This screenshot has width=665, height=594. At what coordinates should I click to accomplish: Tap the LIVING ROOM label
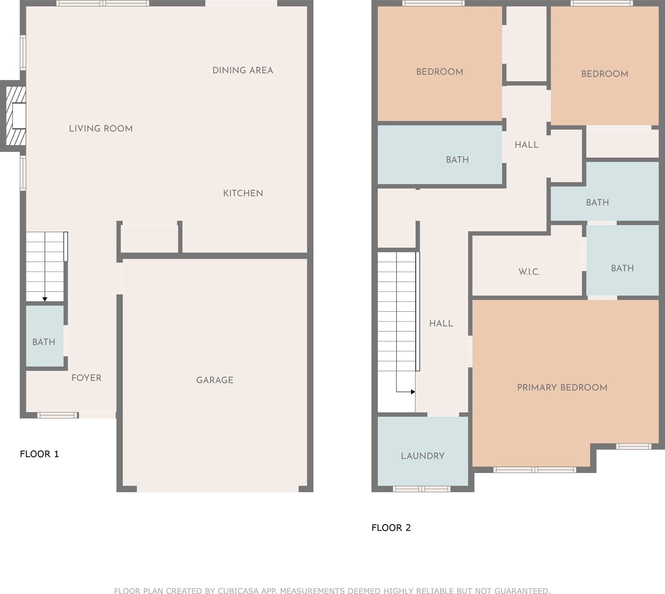tap(101, 129)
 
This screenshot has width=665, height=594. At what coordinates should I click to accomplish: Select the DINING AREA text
tap(243, 70)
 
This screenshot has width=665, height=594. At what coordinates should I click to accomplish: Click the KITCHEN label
tap(243, 193)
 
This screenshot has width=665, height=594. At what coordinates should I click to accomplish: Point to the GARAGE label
tap(215, 380)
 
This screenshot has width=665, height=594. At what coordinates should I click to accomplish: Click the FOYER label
tap(86, 378)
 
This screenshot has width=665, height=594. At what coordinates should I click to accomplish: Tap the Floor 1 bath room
tap(45, 336)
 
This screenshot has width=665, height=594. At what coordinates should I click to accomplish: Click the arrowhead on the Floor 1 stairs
tap(45, 299)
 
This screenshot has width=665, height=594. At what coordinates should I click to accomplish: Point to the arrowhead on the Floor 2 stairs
tap(413, 392)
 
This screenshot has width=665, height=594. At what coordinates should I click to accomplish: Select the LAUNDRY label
tap(423, 456)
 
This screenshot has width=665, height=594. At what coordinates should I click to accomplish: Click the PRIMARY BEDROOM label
tap(562, 388)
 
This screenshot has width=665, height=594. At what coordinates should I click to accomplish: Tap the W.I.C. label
tap(529, 272)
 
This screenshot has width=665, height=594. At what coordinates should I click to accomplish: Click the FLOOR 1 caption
tap(39, 454)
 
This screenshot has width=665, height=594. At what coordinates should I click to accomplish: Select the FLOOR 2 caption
tap(391, 528)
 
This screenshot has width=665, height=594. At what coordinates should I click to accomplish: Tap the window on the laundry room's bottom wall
tap(422, 489)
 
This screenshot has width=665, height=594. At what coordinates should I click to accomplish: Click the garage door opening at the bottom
tap(218, 489)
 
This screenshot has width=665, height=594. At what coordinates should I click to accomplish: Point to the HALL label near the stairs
tap(441, 323)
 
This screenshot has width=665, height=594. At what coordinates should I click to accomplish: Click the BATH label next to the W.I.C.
tap(622, 268)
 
